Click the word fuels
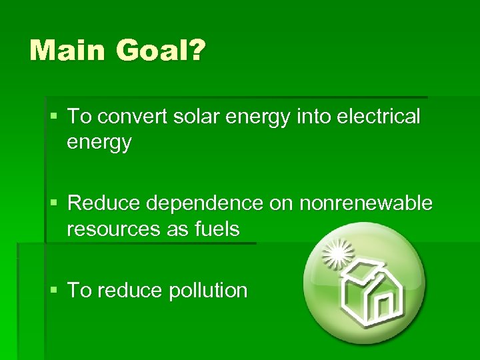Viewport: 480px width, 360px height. (216, 229)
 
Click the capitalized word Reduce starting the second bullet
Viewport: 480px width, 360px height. (98, 203)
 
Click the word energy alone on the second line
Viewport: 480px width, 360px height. (99, 143)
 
